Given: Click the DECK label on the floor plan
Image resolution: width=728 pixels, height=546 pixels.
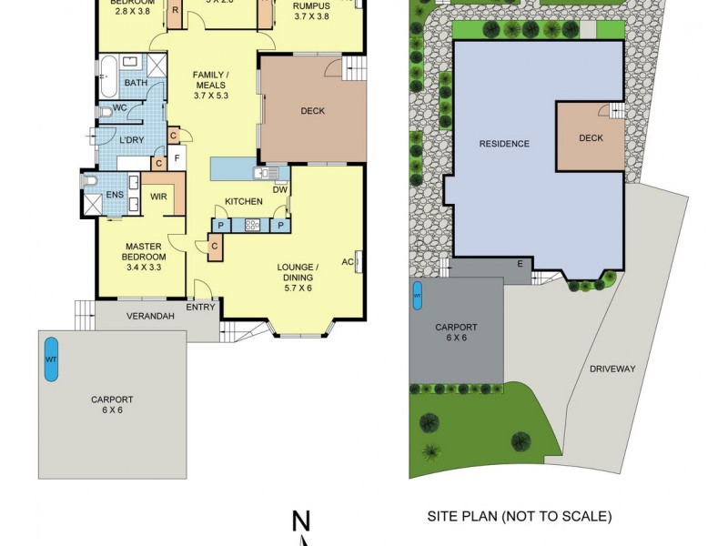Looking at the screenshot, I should (313, 112).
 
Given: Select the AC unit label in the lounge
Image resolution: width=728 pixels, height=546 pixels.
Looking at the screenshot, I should (348, 262).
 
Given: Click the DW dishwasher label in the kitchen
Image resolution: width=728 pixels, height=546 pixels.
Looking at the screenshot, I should (280, 189).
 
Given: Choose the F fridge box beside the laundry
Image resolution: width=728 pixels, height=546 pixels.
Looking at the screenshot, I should (177, 158).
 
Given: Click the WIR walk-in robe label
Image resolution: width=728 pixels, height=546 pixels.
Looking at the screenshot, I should (157, 195).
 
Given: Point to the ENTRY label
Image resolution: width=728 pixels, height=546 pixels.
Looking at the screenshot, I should (201, 307).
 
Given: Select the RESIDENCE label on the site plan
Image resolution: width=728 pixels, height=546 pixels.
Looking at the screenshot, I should (504, 144).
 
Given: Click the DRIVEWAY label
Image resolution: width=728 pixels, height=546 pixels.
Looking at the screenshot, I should (612, 369).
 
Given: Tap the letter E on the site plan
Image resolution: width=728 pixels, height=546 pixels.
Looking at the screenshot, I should (521, 264).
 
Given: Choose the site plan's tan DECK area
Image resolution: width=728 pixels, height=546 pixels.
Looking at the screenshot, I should (591, 138).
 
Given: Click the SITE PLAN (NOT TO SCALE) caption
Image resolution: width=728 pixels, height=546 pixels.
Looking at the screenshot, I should (520, 516).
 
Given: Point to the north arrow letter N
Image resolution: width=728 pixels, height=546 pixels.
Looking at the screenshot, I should (302, 521).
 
